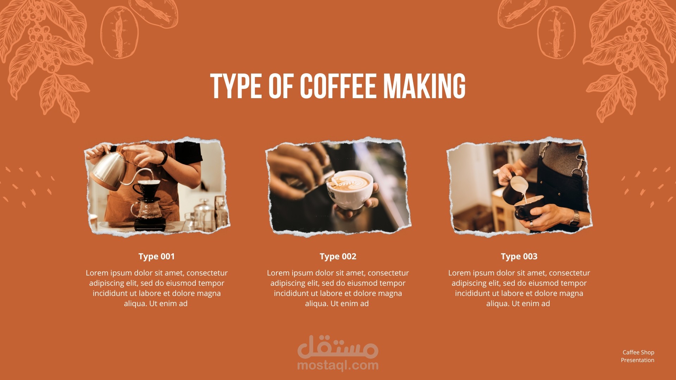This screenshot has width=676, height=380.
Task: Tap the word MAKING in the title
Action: [424, 86]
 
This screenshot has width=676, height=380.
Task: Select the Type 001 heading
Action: [157, 256]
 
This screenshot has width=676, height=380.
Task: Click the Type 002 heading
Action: [338, 256]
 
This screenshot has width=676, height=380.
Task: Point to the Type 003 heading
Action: [519, 256]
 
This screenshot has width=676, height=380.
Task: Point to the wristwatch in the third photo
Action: [575, 218]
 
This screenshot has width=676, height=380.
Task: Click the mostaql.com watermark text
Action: [338, 366]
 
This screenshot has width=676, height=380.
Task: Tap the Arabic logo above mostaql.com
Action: [338, 347]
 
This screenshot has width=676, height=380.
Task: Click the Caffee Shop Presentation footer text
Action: [638, 356]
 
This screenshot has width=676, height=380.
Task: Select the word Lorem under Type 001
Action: [97, 273]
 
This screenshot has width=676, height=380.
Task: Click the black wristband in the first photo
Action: [163, 158]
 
